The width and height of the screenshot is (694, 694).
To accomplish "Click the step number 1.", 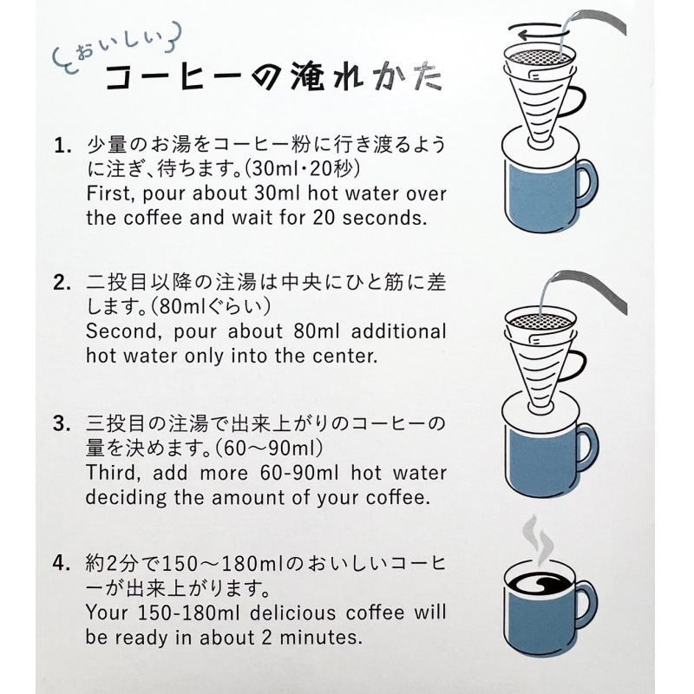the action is coord(62,146).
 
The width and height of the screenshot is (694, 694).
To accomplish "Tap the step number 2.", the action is coord(62,283).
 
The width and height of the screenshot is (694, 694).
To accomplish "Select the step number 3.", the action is coord(62,423).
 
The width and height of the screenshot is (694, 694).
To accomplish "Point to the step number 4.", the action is coord(62,563).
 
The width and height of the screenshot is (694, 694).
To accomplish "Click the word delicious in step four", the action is coord(293,613).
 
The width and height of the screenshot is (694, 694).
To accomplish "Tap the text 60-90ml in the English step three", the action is coord(299,473).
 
